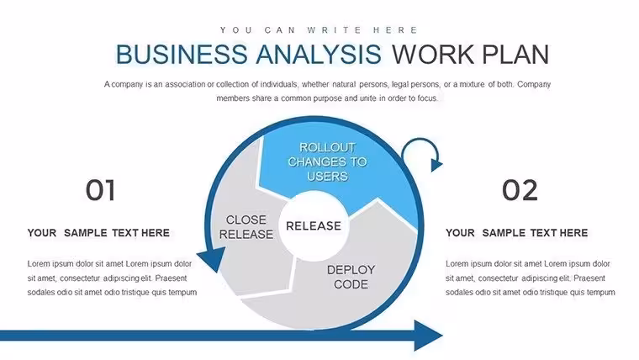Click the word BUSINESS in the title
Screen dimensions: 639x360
coord(182,54)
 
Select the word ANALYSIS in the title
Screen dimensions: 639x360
coord(319,54)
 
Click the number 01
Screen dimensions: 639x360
coord(100,190)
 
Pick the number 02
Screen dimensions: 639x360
coord(520,190)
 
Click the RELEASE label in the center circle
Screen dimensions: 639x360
coord(314,226)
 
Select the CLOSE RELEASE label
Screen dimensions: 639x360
coord(246,226)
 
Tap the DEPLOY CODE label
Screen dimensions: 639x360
coord(351,277)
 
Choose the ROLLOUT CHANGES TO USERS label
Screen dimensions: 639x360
coord(327,161)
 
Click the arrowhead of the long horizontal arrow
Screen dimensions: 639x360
coord(428,336)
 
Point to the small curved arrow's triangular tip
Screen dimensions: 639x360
coord(436,165)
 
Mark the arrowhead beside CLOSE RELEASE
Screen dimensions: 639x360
coord(212,259)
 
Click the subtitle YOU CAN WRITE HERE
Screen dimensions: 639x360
coord(319,30)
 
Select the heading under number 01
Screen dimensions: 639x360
coord(98,233)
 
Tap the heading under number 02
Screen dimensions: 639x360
coord(516,233)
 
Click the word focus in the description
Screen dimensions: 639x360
coord(427,98)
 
